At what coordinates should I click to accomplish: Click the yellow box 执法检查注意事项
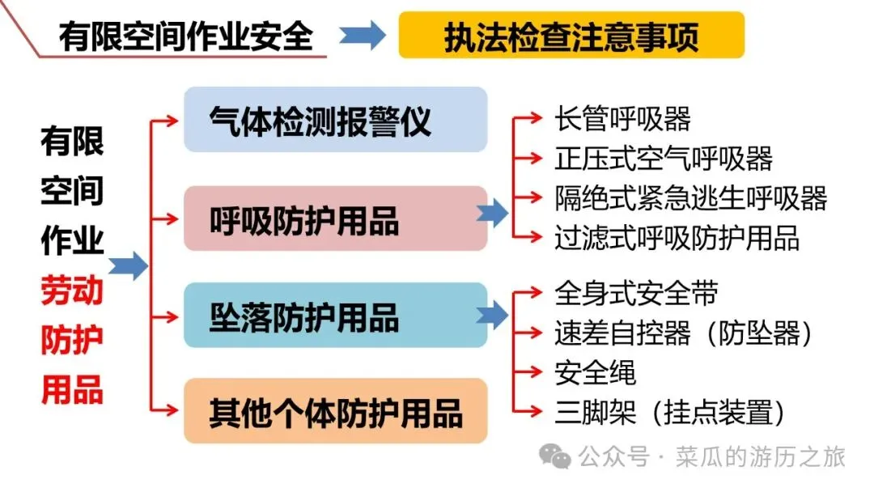[571, 36]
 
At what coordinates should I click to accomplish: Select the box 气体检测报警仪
[335, 120]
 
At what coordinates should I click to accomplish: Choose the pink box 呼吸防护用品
[335, 218]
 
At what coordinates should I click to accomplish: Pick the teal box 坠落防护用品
[335, 315]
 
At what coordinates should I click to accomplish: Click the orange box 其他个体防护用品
[335, 411]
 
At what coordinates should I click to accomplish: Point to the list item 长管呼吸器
[622, 119]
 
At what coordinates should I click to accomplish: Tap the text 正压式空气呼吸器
[664, 159]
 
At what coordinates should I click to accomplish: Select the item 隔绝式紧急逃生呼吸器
[690, 198]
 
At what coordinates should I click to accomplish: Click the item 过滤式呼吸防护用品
[677, 238]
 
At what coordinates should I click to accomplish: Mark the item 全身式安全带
[636, 294]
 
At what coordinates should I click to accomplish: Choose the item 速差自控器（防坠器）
[683, 333]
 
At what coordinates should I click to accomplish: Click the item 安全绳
[595, 373]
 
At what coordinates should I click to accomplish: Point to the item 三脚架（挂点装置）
[670, 413]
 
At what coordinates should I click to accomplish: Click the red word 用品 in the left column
[72, 389]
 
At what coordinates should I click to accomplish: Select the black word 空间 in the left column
[72, 191]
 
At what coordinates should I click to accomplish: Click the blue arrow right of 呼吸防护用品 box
[492, 214]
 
